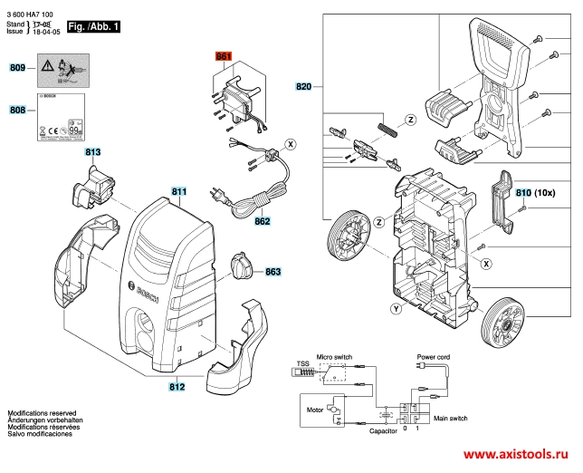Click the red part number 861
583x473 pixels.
pyautogui.click(x=224, y=57)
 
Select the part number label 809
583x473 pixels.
pyautogui.click(x=17, y=68)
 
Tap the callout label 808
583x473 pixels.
pyautogui.click(x=17, y=110)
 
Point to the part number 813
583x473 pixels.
pyautogui.click(x=93, y=153)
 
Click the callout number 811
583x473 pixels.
pyautogui.click(x=179, y=192)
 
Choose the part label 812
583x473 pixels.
pyautogui.click(x=177, y=387)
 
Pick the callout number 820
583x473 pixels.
pyautogui.click(x=303, y=88)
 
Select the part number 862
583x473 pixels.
pyautogui.click(x=263, y=220)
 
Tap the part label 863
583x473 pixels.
pyautogui.click(x=273, y=272)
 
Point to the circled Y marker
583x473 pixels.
pyautogui.click(x=396, y=310)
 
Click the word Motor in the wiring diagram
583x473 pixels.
pyautogui.click(x=315, y=410)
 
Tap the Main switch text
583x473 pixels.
pyautogui.click(x=451, y=419)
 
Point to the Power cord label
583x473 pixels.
pyautogui.click(x=432, y=358)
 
